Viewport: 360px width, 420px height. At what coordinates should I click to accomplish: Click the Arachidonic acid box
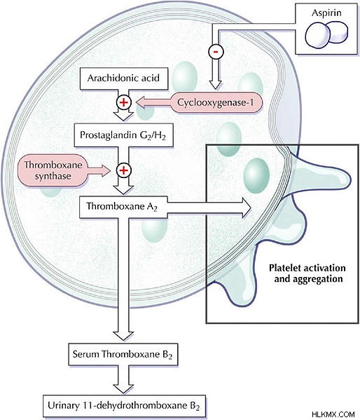[x=124, y=79]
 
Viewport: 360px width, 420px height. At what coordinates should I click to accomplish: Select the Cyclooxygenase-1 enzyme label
[x=216, y=102]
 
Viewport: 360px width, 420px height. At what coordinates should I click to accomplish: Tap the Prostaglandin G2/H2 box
[x=124, y=135]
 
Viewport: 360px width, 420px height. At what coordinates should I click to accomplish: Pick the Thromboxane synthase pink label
[x=53, y=170]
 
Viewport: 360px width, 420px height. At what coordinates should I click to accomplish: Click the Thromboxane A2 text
[x=121, y=207]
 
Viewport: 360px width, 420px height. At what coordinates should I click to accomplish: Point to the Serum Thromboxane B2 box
[x=123, y=354]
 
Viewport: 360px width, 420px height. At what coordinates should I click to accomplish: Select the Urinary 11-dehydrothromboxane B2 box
[x=124, y=405]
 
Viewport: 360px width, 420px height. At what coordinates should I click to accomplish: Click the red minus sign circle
[x=216, y=51]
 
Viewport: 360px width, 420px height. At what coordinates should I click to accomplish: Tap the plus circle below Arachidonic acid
[x=124, y=102]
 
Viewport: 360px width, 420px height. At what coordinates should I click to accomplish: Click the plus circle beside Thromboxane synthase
[x=124, y=170]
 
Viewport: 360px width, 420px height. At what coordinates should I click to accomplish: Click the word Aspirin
[x=326, y=13]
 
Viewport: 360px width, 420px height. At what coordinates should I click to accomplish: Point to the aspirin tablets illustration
[x=326, y=35]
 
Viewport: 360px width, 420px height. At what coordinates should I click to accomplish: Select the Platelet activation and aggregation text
[x=307, y=273]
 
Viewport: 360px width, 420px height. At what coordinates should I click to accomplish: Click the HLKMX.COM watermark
[x=333, y=414]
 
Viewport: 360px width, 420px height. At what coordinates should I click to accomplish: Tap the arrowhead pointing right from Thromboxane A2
[x=247, y=208]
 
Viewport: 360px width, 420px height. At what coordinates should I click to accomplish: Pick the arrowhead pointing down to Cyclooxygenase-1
[x=216, y=85]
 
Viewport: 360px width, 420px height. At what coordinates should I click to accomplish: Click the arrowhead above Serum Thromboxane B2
[x=123, y=336]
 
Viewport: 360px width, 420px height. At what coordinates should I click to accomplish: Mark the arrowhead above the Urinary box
[x=123, y=388]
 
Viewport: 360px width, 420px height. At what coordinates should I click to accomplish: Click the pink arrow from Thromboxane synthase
[x=99, y=170]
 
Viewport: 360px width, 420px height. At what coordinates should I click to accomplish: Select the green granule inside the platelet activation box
[x=256, y=176]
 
